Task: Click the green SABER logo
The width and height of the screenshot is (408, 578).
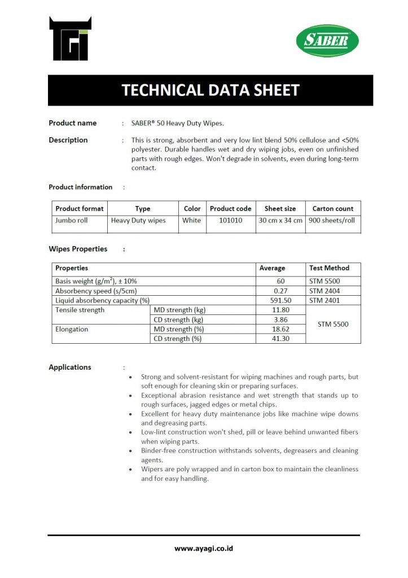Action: tap(327, 41)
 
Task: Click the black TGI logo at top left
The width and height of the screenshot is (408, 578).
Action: tap(70, 39)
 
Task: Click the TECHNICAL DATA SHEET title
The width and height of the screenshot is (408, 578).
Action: tap(210, 90)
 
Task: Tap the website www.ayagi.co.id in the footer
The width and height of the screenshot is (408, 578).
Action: tap(204, 548)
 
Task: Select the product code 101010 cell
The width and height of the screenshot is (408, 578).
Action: tap(230, 221)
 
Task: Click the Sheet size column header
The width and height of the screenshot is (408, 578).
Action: tap(280, 208)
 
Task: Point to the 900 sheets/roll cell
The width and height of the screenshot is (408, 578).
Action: tap(333, 221)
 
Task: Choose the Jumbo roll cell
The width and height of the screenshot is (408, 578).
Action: tap(71, 221)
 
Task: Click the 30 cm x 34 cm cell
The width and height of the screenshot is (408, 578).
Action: tap(280, 221)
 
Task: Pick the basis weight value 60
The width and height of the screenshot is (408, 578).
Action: tap(280, 281)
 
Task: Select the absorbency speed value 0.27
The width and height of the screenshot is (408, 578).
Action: tap(280, 291)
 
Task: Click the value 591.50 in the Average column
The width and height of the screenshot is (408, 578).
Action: tap(280, 301)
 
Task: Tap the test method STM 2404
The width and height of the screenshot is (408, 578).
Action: tap(324, 291)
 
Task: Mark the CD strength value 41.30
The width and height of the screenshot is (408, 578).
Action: tap(280, 339)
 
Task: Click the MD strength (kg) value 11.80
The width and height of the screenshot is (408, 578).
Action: tap(280, 310)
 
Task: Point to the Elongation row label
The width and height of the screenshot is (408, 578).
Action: tap(72, 329)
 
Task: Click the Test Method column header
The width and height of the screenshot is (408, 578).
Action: tap(329, 268)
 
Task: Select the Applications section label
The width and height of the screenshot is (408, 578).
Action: tap(70, 367)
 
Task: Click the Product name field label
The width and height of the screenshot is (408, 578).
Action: tap(72, 123)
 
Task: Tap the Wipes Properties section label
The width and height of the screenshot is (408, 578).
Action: tap(78, 249)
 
